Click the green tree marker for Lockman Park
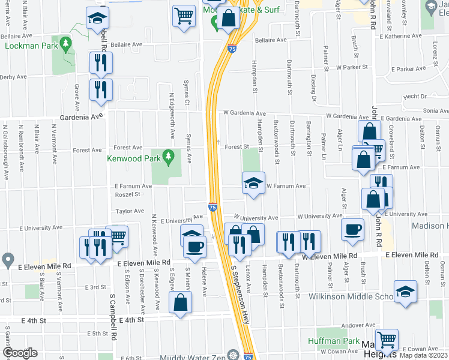point(66,44)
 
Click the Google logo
point(20,353)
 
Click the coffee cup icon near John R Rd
point(352,229)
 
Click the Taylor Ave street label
point(130,211)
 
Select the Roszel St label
point(128,194)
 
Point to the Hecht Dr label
point(415,96)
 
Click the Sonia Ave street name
point(436,111)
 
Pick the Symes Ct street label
point(187,96)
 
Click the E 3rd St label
point(96,288)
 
